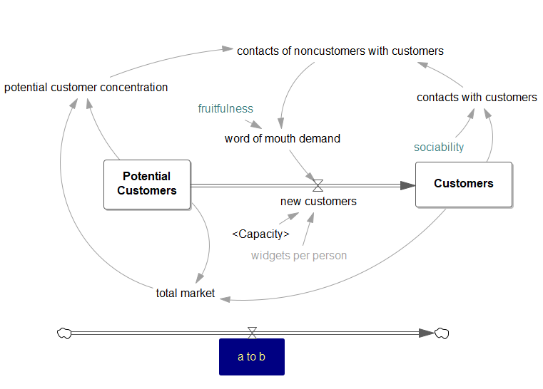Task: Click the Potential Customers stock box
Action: [147, 184]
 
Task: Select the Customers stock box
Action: [463, 184]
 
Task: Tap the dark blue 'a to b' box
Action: [251, 356]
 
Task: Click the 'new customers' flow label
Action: [318, 202]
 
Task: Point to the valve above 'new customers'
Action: [318, 185]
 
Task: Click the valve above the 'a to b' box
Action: [252, 333]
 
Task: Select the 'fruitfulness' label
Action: [225, 108]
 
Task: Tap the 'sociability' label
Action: [439, 147]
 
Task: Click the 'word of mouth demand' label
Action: [282, 138]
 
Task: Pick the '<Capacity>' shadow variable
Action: [260, 234]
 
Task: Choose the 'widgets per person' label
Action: [299, 255]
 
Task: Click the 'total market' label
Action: [185, 293]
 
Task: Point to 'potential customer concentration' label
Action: [86, 88]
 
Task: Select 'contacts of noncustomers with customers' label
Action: [340, 51]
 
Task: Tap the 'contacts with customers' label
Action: [477, 97]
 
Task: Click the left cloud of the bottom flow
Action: [64, 333]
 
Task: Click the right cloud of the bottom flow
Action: [442, 333]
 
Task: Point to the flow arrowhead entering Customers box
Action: [407, 185]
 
